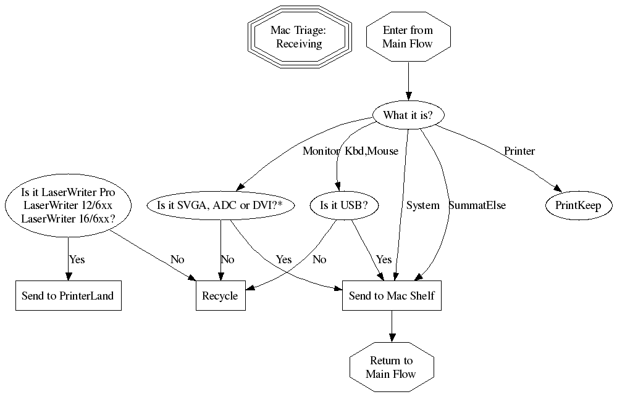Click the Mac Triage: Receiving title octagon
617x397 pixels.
pyautogui.click(x=300, y=37)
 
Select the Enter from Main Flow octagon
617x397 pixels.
pyautogui.click(x=408, y=37)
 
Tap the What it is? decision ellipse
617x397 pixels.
pyautogui.click(x=408, y=115)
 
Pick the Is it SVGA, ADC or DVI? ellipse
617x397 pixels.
pyautogui.click(x=220, y=205)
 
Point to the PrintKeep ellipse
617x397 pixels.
pyautogui.click(x=578, y=205)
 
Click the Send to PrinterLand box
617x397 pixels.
pyautogui.click(x=68, y=296)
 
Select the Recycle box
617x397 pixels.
pyautogui.click(x=220, y=296)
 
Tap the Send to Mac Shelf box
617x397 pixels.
pyautogui.click(x=392, y=296)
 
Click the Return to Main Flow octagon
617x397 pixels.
pyautogui.click(x=391, y=367)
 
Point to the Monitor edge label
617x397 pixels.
pyautogui.click(x=321, y=151)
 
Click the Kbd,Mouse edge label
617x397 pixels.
pyautogui.click(x=371, y=151)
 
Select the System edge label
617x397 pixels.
pyautogui.click(x=422, y=205)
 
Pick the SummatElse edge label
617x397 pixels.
pyautogui.click(x=477, y=205)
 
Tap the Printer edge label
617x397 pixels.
pyautogui.click(x=519, y=151)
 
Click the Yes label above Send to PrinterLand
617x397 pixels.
pyautogui.click(x=77, y=260)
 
